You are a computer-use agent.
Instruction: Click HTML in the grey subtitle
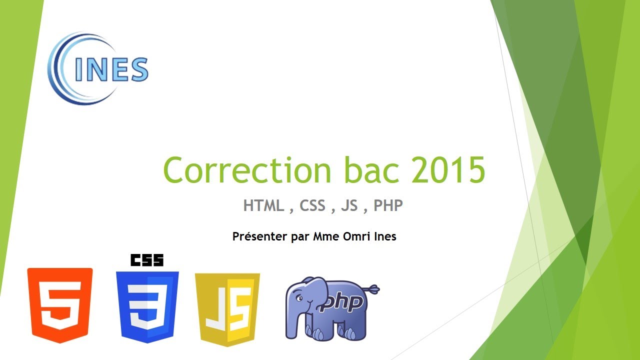click(263, 205)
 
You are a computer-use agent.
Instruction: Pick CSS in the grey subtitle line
click(312, 205)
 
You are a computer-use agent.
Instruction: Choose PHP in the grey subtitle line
click(388, 205)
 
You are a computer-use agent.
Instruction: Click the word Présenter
click(260, 236)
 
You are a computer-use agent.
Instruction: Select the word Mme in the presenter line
click(325, 236)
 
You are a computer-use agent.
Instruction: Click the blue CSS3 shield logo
click(147, 306)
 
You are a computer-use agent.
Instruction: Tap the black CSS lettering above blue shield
click(147, 260)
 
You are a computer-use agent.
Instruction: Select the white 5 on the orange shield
click(60, 305)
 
